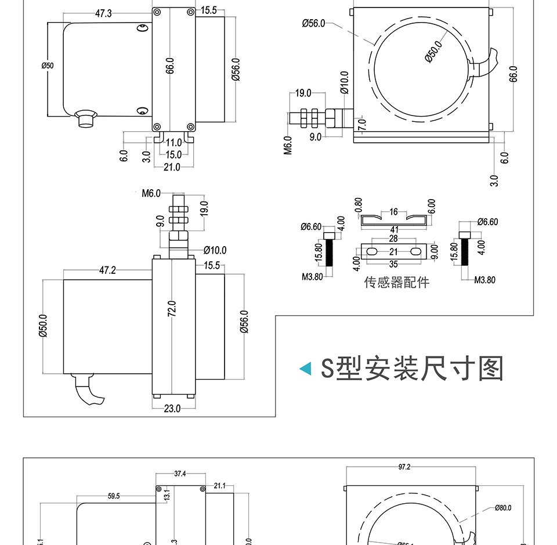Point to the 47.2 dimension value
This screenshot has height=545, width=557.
pos(107,270)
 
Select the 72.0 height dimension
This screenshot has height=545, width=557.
pos(172,309)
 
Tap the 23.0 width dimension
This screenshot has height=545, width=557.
pos(172,409)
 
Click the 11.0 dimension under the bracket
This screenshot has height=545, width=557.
pos(173,143)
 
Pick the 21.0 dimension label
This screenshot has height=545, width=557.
pos(172,167)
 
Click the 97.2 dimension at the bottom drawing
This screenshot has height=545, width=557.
pos(404,467)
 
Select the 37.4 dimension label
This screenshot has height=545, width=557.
pos(180,474)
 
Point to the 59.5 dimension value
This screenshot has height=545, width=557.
pos(114,496)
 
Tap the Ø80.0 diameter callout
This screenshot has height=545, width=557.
pos(503,508)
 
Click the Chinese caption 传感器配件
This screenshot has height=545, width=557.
pos(397,283)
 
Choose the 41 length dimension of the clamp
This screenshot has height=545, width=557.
pos(394,230)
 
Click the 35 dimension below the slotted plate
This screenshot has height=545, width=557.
pos(393,264)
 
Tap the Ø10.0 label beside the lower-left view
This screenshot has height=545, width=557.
pos(215,251)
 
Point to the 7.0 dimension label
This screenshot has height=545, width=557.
pos(361,124)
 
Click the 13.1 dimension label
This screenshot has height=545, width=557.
pos(167,495)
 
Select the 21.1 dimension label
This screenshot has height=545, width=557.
pos(220,486)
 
